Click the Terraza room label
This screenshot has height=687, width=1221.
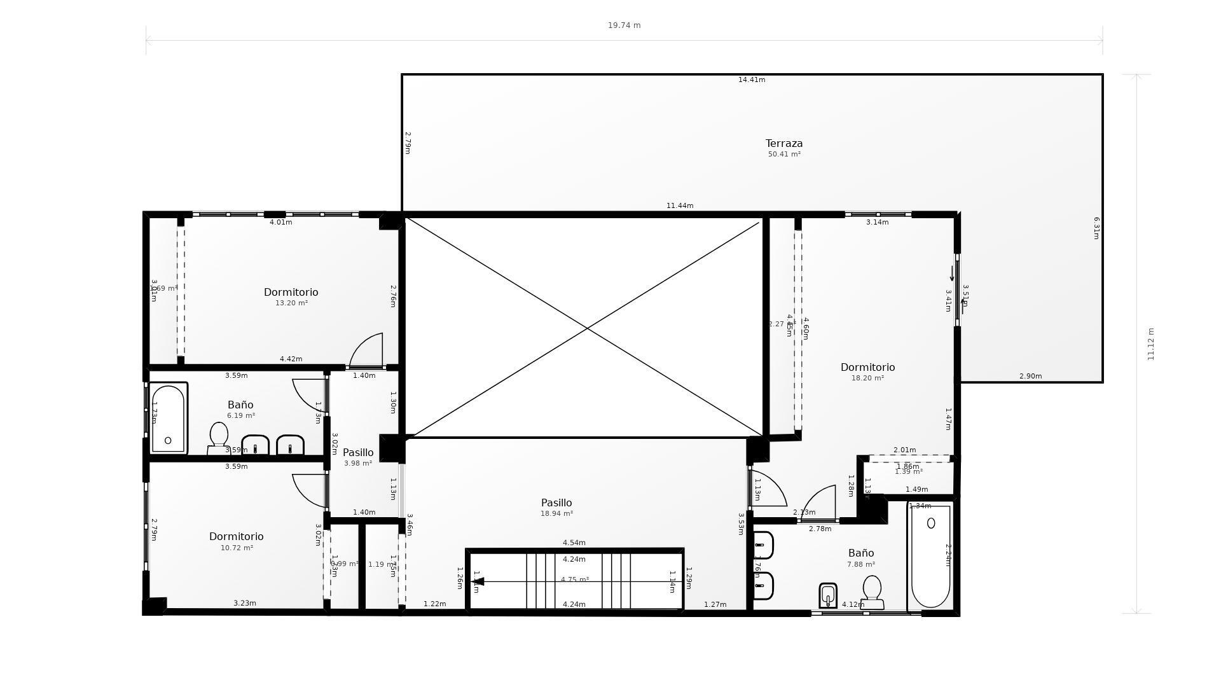coord(783,144)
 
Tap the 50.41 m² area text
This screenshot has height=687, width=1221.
coord(783,155)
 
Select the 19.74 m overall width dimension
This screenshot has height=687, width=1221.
coord(624,25)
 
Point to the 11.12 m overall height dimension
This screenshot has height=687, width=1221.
coord(1150,344)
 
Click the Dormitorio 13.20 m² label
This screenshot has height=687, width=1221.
coord(291,293)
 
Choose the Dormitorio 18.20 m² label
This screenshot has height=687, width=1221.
coord(867,368)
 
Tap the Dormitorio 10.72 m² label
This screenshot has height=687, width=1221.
coord(236,537)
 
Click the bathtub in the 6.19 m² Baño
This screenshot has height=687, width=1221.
coord(168,418)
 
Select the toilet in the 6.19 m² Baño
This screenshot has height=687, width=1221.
coord(219,438)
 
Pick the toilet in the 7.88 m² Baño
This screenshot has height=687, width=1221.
coord(872,592)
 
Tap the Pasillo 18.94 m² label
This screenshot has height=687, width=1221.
coord(556,503)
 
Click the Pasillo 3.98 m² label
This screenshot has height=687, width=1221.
coord(358,453)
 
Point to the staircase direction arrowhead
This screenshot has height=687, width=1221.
coord(479,581)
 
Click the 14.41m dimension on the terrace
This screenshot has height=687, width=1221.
coord(752,80)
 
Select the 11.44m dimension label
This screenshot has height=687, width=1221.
coord(680,206)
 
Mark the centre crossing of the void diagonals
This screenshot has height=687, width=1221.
coord(586,329)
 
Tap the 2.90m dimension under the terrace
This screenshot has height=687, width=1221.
coord(1030,377)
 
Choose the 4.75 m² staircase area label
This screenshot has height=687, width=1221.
coord(574,580)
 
